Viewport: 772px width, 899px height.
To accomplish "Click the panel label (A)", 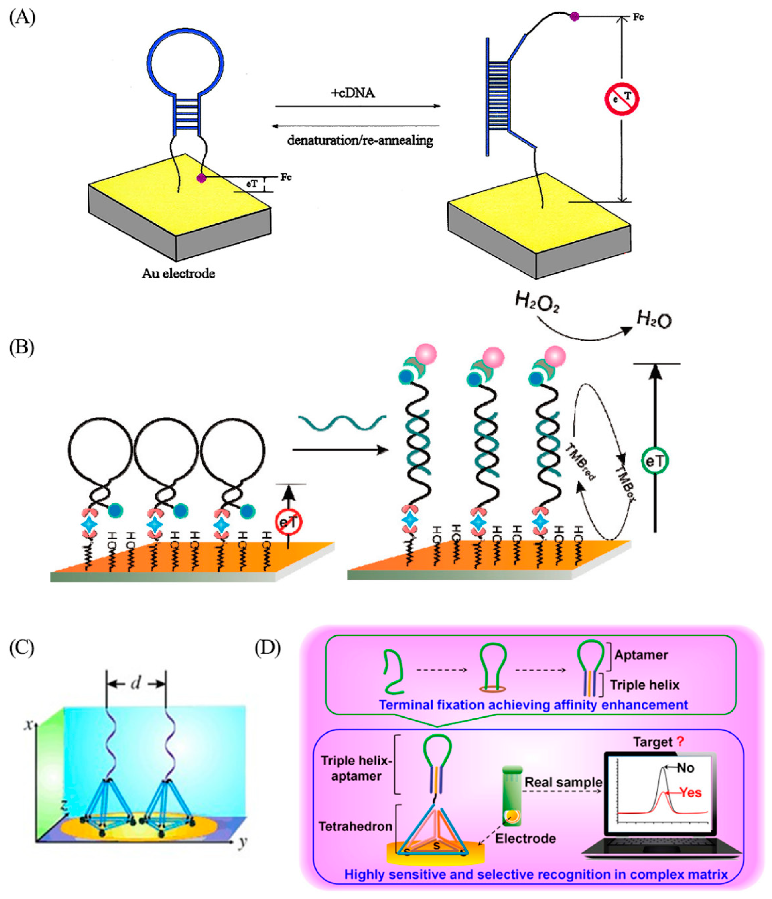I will pyautogui.click(x=22, y=18).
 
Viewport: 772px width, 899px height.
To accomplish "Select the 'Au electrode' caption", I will pyautogui.click(x=178, y=273).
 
